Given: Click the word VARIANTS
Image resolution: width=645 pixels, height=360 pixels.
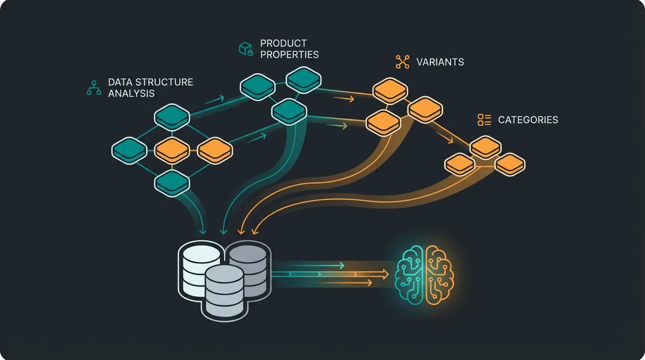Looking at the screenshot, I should click(440, 62).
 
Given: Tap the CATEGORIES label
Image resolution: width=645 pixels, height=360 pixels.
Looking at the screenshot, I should click(528, 120).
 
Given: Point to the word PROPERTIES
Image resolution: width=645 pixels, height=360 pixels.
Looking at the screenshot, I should click(289, 54).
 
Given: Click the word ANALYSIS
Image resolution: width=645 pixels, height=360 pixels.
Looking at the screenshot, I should click(131, 93).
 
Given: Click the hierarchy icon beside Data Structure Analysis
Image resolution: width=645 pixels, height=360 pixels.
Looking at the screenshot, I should click(94, 88).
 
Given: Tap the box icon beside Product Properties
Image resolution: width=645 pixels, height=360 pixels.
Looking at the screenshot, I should click(246, 49).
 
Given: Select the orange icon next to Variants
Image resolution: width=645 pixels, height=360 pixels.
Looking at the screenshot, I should click(402, 62).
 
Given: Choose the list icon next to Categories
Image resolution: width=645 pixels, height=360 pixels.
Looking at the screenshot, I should click(484, 120).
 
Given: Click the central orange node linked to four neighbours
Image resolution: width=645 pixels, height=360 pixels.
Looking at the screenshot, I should click(172, 150).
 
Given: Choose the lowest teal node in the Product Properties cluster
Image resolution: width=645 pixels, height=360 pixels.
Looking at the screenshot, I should click(289, 112).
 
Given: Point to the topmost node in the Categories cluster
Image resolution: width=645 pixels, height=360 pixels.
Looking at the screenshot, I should click(486, 147).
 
